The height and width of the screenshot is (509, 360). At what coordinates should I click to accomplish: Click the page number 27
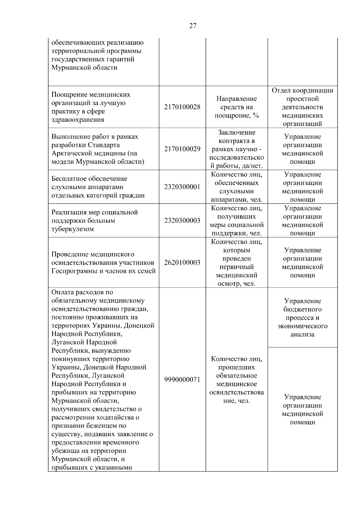click(193, 26)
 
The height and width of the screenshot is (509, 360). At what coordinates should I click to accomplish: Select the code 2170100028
click(182, 107)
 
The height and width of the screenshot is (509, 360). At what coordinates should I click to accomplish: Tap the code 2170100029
click(182, 149)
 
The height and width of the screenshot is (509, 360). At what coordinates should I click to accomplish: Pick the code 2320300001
click(182, 187)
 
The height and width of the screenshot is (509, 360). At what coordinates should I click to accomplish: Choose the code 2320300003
click(182, 220)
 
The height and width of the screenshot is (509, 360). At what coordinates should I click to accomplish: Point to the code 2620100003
click(182, 262)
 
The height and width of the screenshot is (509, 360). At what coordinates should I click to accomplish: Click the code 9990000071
click(182, 379)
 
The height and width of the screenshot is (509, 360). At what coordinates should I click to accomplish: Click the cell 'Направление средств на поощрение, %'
click(236, 107)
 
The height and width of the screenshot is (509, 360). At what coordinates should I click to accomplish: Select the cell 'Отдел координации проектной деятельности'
click(302, 107)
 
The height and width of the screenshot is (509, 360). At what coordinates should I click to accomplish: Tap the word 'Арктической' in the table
click(69, 153)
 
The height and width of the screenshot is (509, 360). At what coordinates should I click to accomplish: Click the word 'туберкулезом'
click(73, 229)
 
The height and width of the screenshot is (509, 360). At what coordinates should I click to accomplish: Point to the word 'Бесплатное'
click(69, 178)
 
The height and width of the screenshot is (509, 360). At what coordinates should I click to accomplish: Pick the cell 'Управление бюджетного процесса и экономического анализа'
click(302, 318)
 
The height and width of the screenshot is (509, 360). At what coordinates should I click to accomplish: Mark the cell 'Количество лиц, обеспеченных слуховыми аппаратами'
click(236, 187)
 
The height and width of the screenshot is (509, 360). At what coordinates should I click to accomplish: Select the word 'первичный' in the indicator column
click(236, 267)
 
